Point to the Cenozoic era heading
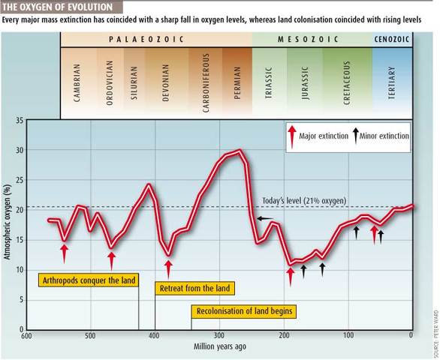[392, 39]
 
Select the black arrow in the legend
[356, 136]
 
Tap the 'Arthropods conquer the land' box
[86, 280]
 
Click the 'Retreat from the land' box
[195, 288]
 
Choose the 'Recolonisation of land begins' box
[244, 311]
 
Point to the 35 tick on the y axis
[20, 120]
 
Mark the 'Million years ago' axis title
[219, 347]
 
